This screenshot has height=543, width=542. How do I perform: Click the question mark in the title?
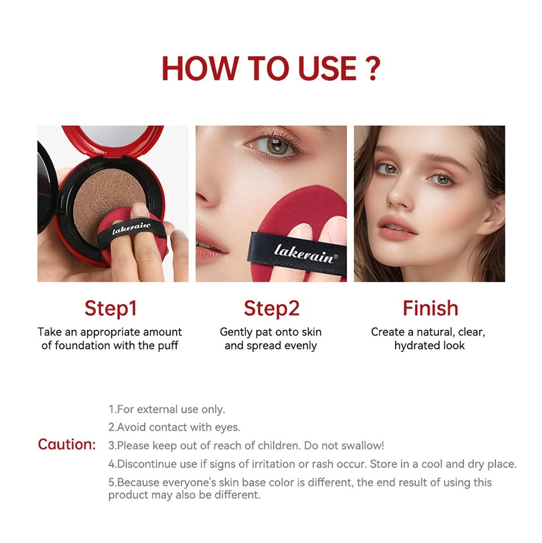pyautogui.click(x=371, y=69)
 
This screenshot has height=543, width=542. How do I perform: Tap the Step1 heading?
pyautogui.click(x=111, y=308)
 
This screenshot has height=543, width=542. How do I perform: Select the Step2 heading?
pyautogui.click(x=272, y=308)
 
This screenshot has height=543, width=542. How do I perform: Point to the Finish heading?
pyautogui.click(x=430, y=308)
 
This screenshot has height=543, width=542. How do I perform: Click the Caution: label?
pyautogui.click(x=67, y=444)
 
